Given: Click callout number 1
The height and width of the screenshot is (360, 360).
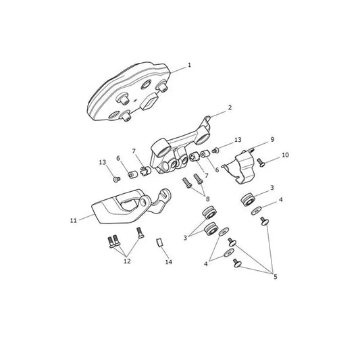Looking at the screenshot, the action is [x=189, y=66].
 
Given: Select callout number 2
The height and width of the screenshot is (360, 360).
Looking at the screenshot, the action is [x=230, y=107].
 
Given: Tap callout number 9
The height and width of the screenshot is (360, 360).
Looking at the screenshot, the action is [x=272, y=139].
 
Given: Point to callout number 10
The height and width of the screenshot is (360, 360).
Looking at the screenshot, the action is [x=285, y=155].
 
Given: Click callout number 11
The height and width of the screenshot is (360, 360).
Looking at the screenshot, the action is [x=73, y=221].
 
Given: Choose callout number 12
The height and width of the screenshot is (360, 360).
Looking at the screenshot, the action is [x=127, y=261].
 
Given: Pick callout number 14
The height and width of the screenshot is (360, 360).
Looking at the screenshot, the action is [x=169, y=262].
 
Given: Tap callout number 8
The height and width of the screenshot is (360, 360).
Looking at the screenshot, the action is [x=207, y=199].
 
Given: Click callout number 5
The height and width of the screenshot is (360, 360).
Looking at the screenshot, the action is [x=276, y=277].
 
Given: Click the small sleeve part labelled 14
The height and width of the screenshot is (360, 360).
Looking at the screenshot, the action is [x=160, y=242].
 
